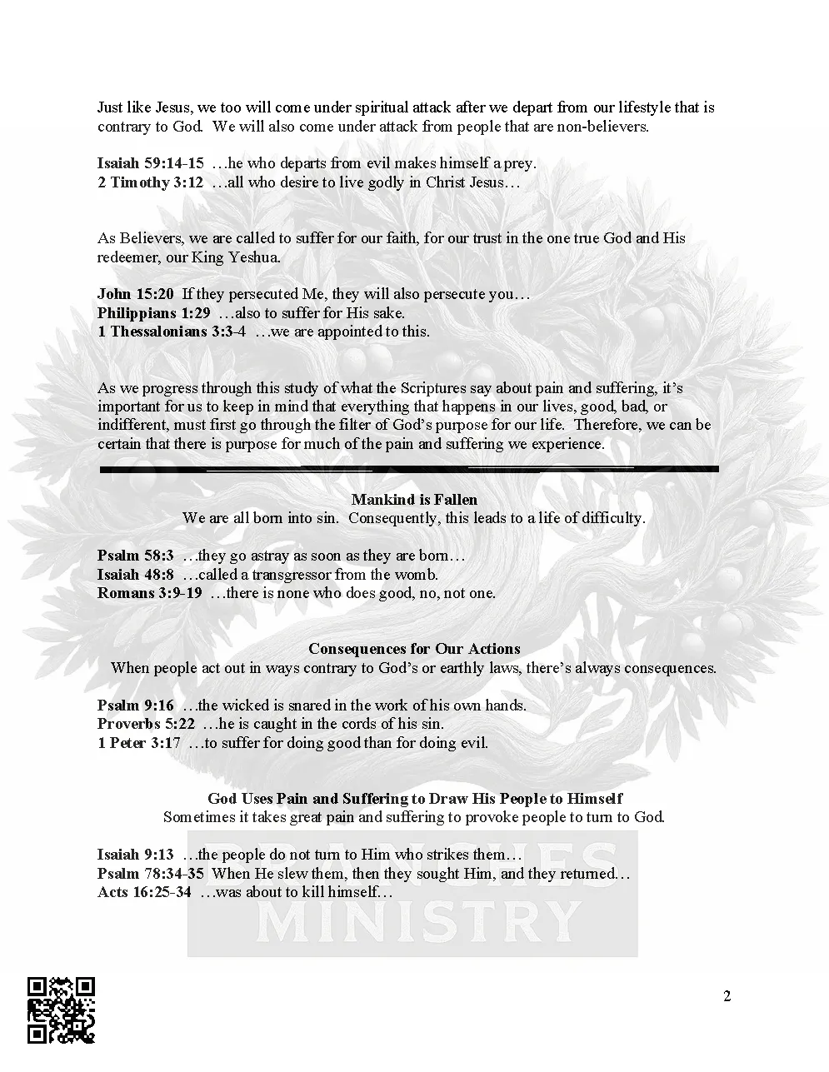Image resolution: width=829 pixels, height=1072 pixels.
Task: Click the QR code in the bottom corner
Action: [61, 1010]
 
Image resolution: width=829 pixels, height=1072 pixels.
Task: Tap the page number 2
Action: [727, 996]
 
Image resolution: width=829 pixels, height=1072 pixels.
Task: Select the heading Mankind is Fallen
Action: [414, 500]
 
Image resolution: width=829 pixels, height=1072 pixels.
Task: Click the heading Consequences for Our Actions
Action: [414, 649]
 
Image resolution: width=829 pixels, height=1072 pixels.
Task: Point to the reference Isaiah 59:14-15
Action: [150, 163]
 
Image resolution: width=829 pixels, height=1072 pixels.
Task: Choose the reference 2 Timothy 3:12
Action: [150, 182]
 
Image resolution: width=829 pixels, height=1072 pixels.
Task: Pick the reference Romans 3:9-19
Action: [149, 593]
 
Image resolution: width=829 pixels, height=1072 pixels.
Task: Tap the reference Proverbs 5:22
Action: [146, 724]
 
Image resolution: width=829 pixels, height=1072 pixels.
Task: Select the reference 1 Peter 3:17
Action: [138, 743]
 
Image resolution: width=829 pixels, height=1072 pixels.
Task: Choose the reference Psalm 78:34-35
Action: [150, 874]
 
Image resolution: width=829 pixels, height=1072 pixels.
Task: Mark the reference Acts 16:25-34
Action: [143, 892]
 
